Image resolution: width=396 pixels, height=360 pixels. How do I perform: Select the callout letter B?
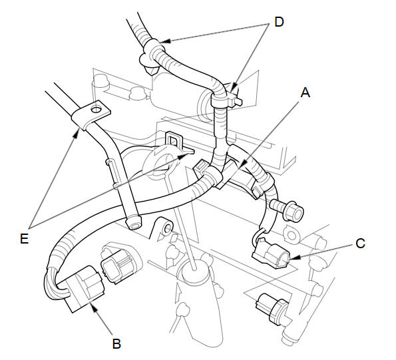(116, 344)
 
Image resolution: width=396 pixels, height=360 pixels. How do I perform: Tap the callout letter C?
(360, 244)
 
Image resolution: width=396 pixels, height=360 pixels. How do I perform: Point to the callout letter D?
(279, 22)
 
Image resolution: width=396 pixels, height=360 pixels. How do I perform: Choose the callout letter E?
(24, 238)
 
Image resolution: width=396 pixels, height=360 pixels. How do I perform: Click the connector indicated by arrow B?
(85, 289)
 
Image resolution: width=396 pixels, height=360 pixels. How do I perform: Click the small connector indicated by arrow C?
(271, 254)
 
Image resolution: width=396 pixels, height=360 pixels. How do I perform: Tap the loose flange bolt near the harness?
(288, 210)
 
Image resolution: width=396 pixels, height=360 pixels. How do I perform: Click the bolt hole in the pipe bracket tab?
(97, 109)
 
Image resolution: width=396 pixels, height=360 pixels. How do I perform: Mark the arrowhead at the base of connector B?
(93, 308)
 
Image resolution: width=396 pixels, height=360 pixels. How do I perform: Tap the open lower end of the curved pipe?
(134, 223)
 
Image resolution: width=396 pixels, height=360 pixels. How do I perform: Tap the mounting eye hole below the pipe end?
(168, 229)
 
